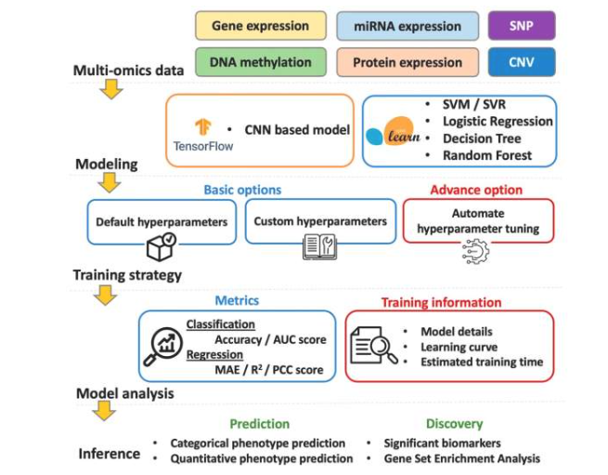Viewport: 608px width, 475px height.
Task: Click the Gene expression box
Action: pos(261,25)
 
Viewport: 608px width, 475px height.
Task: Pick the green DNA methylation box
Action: pos(261,62)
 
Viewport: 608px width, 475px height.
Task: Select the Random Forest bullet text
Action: pos(492,155)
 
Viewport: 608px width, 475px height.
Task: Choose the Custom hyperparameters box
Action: pos(318,222)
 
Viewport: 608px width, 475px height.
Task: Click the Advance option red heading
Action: pos(476,190)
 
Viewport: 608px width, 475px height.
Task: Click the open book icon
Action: pos(318,247)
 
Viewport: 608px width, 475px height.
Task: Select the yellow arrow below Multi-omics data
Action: pos(110,89)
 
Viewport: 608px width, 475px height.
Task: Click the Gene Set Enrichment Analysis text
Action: pos(460,458)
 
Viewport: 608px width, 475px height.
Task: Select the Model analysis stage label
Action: pos(124,393)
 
